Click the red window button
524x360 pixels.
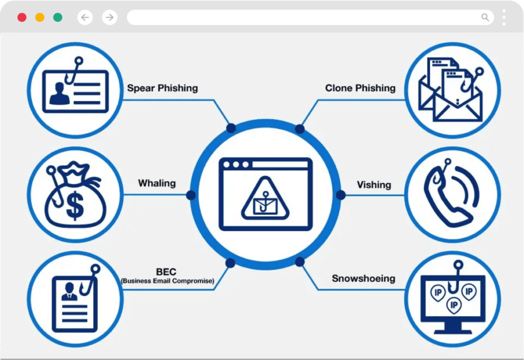click(22, 17)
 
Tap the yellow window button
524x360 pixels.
click(40, 17)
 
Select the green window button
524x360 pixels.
click(58, 17)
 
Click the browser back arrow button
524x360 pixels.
click(85, 17)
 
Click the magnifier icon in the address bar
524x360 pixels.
click(485, 17)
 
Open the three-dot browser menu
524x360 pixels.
click(504, 17)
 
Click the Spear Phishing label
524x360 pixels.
click(162, 88)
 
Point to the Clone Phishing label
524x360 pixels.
click(360, 88)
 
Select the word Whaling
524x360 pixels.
click(157, 184)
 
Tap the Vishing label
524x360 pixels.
click(374, 185)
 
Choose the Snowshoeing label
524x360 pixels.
click(364, 279)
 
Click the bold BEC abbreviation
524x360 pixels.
click(166, 272)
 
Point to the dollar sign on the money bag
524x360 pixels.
click(75, 207)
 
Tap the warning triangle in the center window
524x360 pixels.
click(266, 198)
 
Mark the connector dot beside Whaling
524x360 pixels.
click(191, 195)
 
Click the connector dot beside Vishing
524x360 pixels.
click(340, 195)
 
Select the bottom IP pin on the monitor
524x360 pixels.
click(454, 306)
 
